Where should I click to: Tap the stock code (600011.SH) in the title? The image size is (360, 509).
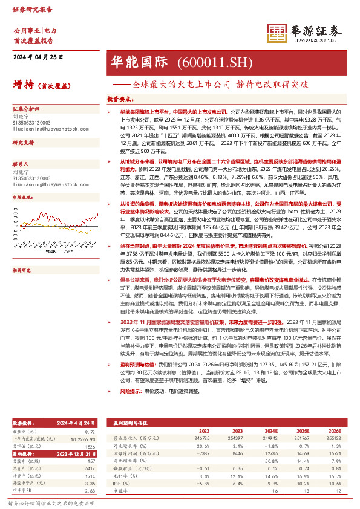(205, 62)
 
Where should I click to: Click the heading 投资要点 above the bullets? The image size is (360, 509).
(120, 98)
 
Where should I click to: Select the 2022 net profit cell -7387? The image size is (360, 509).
(203, 451)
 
